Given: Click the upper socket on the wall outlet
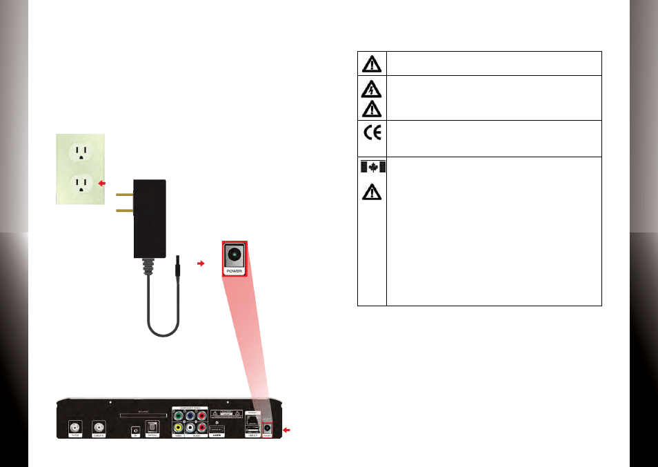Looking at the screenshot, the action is click(81, 152).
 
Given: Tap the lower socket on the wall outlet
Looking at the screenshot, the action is click(81, 183).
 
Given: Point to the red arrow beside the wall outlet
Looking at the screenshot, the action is click(103, 183).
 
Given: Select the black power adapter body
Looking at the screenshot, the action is click(150, 217).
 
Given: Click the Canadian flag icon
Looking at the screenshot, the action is click(372, 167).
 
